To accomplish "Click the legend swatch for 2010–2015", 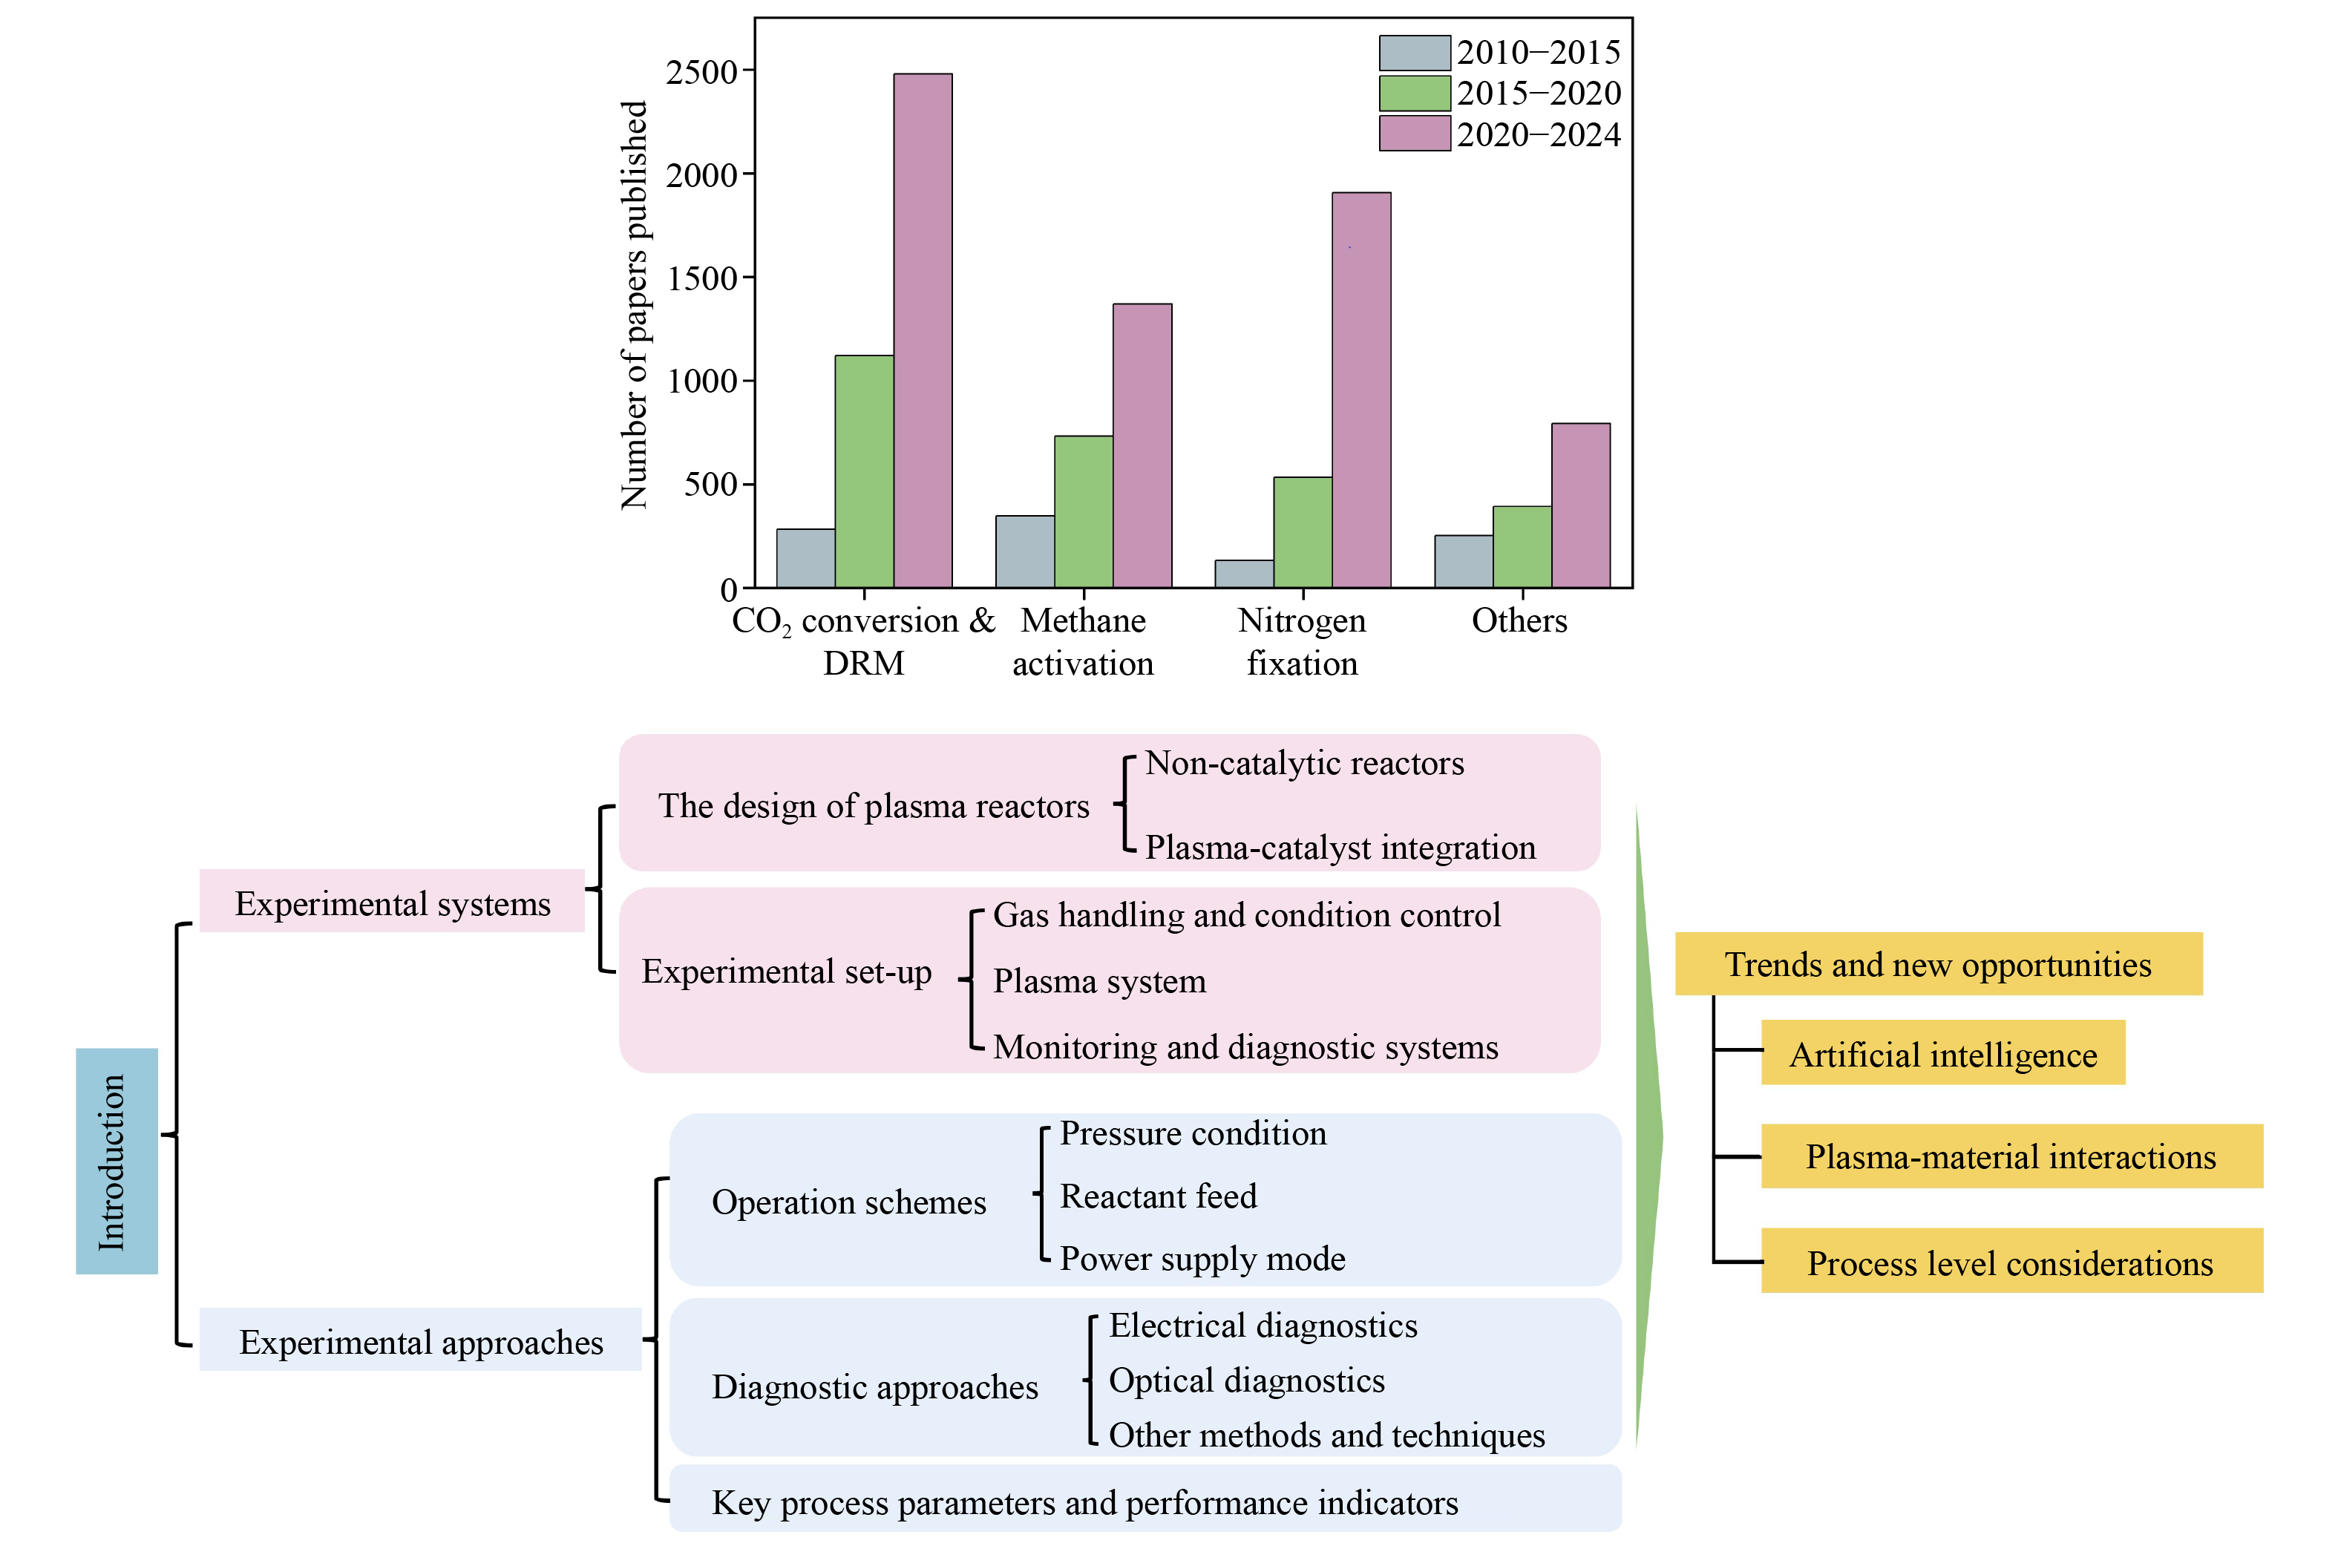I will [1414, 52].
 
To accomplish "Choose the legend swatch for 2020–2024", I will [1414, 133].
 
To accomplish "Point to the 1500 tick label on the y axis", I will [701, 279].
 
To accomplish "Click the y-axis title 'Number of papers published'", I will [634, 306].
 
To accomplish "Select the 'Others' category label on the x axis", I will [1519, 620].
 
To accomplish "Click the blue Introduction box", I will [117, 1161].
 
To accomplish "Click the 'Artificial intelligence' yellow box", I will [1942, 1053].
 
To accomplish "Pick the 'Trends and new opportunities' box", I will [1938, 963].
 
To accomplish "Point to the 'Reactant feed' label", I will [1158, 1196].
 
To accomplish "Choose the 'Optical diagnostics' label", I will [1246, 1380].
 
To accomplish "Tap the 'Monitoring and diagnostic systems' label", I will [1245, 1047].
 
